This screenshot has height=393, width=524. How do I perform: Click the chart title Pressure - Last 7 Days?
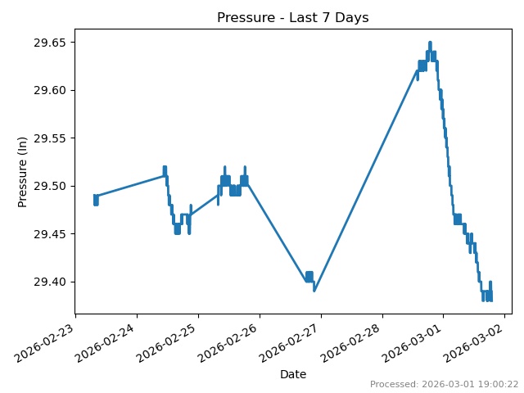[x=292, y=18]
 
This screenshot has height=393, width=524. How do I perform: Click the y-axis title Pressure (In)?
[x=23, y=171]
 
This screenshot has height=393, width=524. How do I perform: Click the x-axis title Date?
[x=292, y=374]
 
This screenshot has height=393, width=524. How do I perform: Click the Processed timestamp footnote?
[x=444, y=384]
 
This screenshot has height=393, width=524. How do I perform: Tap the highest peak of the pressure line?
[x=430, y=43]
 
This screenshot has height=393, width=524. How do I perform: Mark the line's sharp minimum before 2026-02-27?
[x=314, y=291]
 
